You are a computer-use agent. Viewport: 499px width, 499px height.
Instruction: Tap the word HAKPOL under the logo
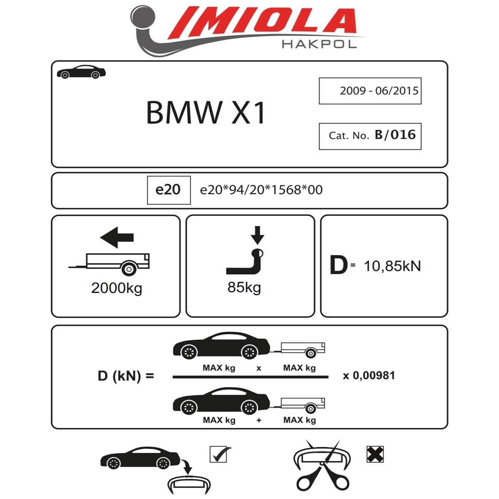(319, 44)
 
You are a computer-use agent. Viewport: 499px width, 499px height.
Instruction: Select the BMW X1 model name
(206, 113)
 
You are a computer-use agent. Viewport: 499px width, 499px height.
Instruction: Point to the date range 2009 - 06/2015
(379, 91)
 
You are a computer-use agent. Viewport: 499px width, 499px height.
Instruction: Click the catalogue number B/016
(395, 135)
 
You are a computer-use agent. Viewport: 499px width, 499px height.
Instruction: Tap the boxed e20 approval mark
(168, 190)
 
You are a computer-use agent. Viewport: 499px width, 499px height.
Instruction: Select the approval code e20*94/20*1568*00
(261, 190)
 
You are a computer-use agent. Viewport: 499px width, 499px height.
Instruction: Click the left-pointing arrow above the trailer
(117, 237)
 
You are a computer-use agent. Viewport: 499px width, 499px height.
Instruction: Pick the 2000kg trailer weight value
(116, 288)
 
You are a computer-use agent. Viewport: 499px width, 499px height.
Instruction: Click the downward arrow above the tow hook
(257, 235)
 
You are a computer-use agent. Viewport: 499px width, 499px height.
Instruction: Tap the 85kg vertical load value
(244, 287)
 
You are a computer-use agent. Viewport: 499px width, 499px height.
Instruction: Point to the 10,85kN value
(392, 266)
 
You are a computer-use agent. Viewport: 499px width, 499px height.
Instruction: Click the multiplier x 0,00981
(369, 375)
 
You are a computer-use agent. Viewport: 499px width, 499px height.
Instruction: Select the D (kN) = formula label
(126, 376)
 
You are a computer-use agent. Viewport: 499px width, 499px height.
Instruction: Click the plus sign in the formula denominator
(259, 420)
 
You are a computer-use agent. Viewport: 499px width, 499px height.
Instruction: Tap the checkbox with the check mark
(218, 454)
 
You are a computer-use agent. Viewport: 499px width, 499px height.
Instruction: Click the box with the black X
(375, 454)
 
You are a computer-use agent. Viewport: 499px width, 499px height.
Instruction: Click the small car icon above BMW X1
(82, 72)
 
